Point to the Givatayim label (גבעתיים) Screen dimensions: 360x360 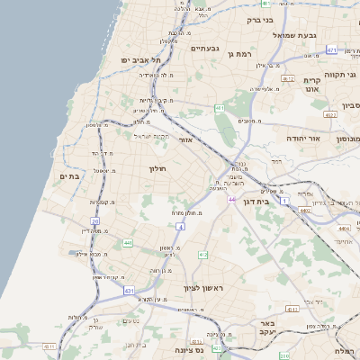[206, 49]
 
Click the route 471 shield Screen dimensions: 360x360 [331, 49]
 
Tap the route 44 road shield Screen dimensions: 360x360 [231, 199]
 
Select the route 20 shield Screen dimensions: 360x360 [95, 220]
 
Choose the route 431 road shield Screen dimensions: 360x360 [129, 291]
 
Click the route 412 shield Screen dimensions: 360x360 [203, 255]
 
